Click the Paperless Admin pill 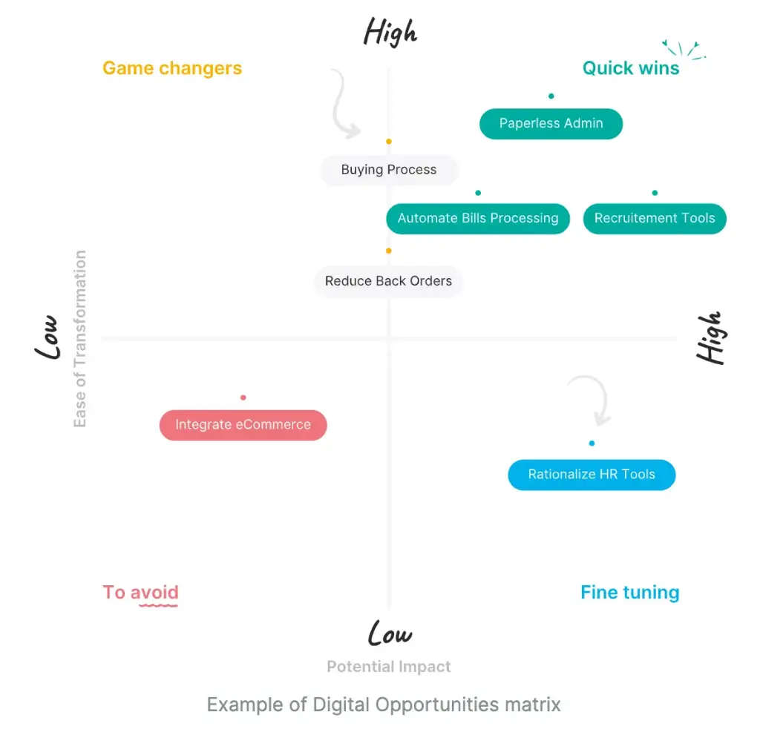click(551, 124)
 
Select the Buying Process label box click(389, 170)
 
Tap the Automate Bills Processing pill click(478, 219)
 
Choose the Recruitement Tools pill click(655, 219)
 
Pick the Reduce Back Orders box click(389, 282)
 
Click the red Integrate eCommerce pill click(243, 426)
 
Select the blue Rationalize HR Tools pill click(592, 475)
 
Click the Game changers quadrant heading click(172, 68)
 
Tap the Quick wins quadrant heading click(631, 68)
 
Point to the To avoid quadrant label click(141, 593)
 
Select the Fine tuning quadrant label click(629, 593)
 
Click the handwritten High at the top click(390, 32)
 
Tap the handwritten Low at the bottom click(390, 633)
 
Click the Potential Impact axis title click(389, 667)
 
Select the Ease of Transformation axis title click(80, 339)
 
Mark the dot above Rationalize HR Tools click(592, 444)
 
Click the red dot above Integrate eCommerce click(243, 398)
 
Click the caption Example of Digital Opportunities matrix click(384, 704)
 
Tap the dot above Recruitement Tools click(655, 193)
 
